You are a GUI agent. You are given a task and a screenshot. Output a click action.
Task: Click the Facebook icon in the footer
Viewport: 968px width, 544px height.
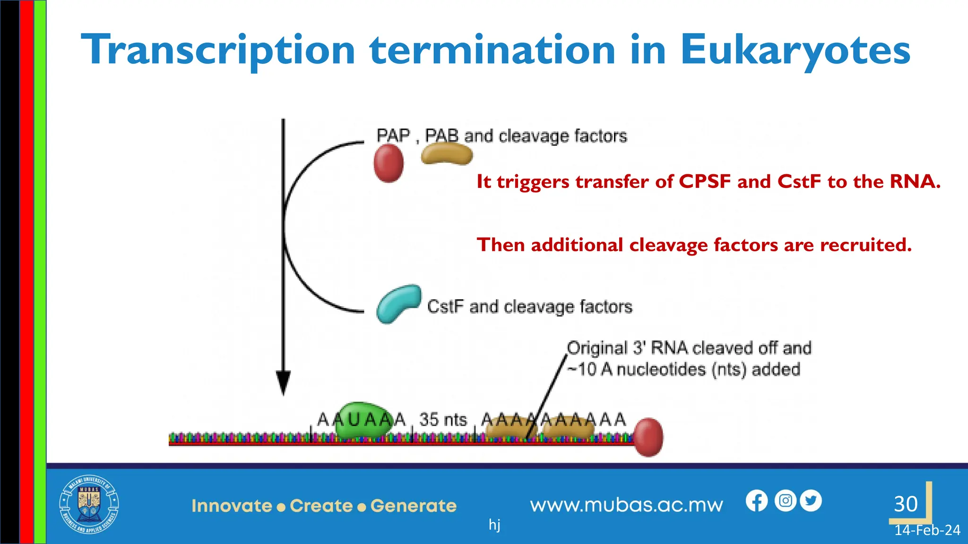757,501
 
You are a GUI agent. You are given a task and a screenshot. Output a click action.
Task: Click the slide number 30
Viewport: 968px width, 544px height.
906,504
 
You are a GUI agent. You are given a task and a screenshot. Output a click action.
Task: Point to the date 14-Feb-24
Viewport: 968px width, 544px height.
927,530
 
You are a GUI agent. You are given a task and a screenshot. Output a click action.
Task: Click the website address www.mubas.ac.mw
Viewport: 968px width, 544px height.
626,505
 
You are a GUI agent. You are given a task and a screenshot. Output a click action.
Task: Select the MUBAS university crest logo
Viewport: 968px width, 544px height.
89,504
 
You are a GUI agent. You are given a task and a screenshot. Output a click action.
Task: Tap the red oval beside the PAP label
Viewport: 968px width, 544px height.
389,163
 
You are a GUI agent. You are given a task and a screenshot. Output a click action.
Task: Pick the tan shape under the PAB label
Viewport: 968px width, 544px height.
447,153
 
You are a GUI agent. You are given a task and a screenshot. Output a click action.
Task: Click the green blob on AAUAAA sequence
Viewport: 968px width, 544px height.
363,420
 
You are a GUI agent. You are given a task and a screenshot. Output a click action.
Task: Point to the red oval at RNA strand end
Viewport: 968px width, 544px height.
648,437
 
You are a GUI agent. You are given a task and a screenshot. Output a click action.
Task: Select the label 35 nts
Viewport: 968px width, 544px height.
443,419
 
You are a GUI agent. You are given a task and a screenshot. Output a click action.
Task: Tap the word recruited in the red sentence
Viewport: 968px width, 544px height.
865,245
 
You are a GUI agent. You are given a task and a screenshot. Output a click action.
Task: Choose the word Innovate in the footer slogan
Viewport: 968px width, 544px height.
232,506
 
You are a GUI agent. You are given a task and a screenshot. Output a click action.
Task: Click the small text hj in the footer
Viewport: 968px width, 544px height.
494,524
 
